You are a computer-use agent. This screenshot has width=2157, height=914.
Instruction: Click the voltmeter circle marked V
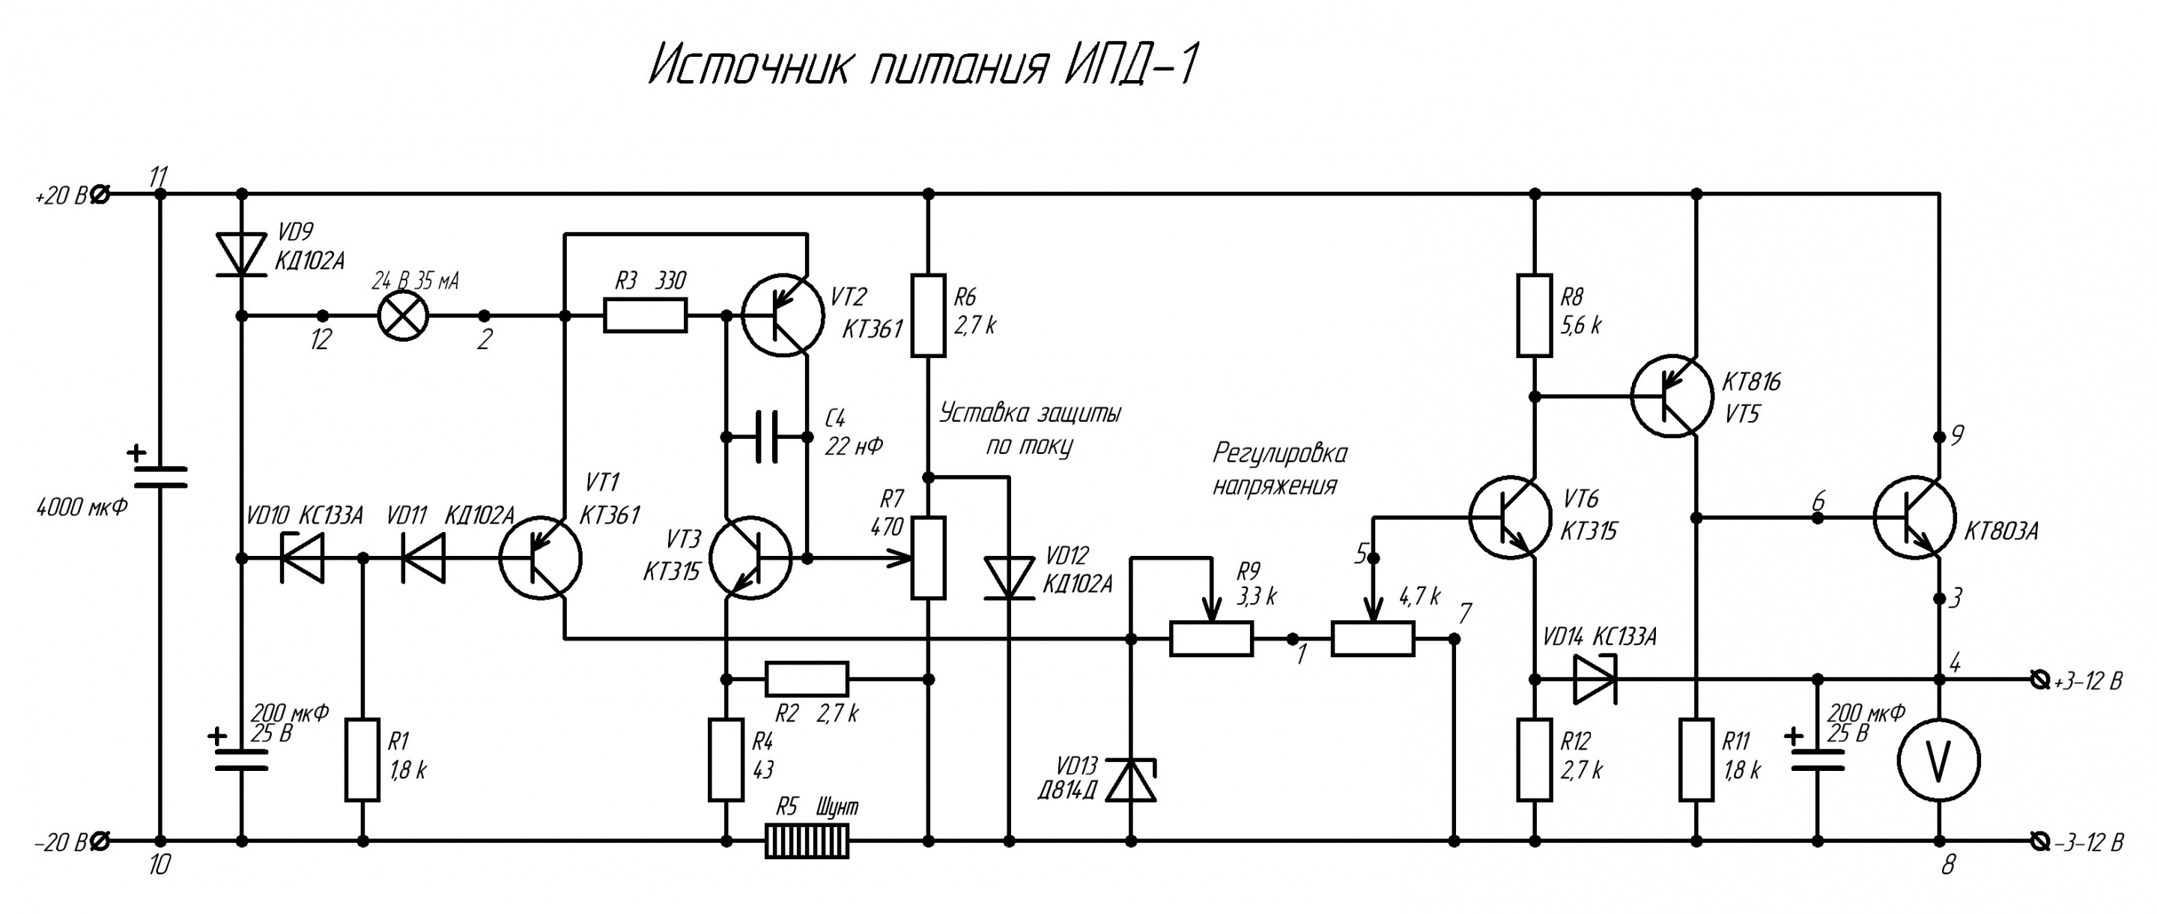coord(1938,760)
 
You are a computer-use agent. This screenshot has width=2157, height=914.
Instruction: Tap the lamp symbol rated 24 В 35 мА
coord(404,316)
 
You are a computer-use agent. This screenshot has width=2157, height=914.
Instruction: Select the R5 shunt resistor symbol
coord(807,841)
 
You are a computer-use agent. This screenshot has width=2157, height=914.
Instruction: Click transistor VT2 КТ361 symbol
coord(782,316)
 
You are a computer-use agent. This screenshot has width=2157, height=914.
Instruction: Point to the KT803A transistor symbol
coord(1914,518)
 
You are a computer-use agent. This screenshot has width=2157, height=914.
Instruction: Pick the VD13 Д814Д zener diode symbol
coord(1130,780)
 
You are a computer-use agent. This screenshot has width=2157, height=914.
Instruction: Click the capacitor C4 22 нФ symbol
coord(767,437)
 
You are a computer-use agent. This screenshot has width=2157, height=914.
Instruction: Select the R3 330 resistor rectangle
coord(645,316)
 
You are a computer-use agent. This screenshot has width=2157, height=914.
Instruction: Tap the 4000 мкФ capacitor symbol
coord(161,476)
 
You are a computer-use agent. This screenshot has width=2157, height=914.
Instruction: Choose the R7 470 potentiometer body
coord(928,558)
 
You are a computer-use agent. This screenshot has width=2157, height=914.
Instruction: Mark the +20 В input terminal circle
coord(99,194)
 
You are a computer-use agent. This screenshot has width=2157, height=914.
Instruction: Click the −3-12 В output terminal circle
coord(2039,841)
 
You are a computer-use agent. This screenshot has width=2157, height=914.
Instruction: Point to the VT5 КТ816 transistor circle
coord(1672,396)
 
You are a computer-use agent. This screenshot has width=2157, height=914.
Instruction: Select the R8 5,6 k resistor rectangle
coord(1534,315)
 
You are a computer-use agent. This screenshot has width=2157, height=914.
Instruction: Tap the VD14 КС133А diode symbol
coord(1595,679)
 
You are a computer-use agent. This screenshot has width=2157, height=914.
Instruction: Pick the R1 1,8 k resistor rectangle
coord(362,760)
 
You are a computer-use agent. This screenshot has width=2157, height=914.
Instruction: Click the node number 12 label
coord(321,339)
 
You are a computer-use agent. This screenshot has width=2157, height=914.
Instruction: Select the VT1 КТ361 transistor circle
coord(540,558)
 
